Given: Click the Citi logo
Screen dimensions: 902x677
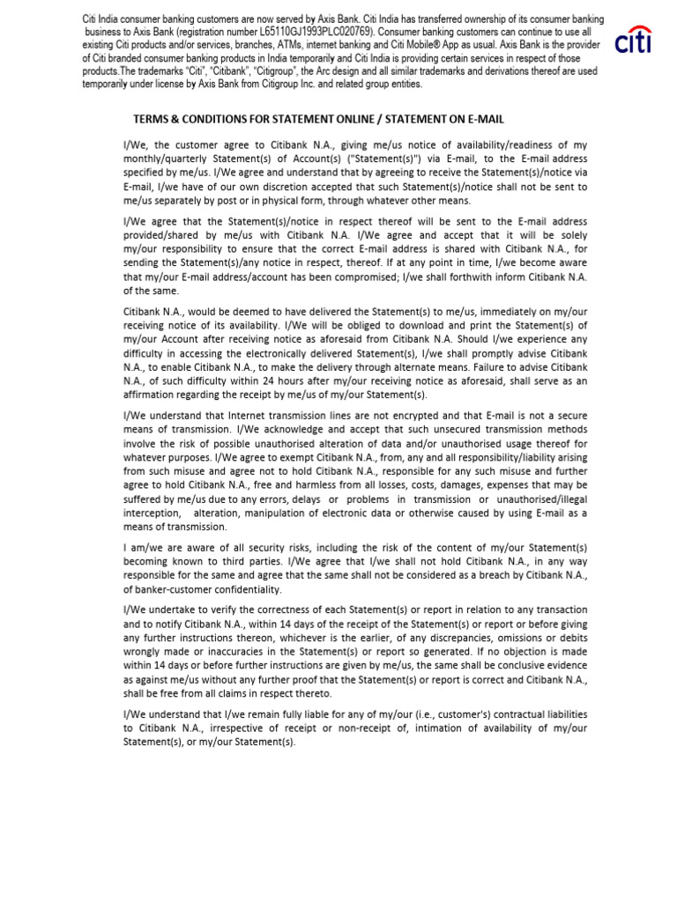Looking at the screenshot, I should pos(634,41).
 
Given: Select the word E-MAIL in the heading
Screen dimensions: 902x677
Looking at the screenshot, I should pos(480,118).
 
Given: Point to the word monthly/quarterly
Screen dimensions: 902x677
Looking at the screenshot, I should pos(165,159).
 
